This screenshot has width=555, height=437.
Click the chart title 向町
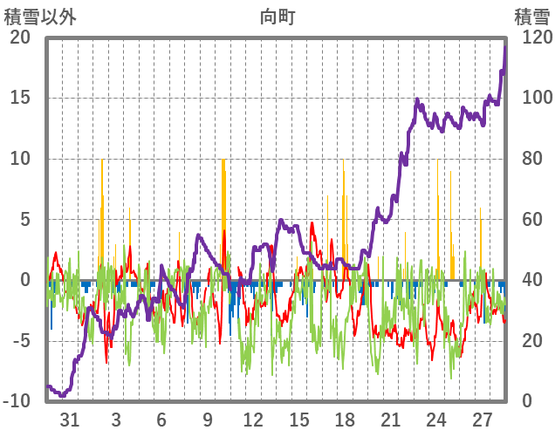(277, 16)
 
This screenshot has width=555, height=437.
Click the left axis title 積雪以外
(39, 16)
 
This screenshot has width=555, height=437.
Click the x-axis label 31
(70, 420)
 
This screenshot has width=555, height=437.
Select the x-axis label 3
(116, 420)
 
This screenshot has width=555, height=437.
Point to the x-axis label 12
(253, 420)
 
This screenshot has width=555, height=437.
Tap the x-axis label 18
(345, 420)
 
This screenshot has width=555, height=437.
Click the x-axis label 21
(391, 420)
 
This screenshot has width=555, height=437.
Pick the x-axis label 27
(483, 420)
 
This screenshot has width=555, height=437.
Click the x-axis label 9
(208, 420)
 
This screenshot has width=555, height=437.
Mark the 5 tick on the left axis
(24, 219)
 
